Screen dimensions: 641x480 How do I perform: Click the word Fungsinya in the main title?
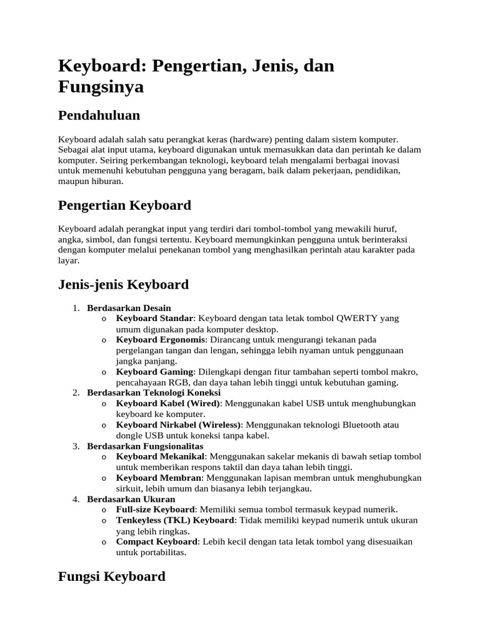coord(101,86)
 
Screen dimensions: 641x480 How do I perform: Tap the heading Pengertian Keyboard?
coord(124,205)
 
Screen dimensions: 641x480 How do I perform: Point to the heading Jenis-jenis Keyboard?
coord(123,285)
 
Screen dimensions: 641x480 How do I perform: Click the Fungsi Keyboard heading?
coord(111,576)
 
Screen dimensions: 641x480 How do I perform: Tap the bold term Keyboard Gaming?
coord(154,372)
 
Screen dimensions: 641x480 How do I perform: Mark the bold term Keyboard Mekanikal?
coord(161,457)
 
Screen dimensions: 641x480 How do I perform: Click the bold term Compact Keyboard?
coord(156,542)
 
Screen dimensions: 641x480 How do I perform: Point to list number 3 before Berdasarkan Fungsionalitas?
coord(75,446)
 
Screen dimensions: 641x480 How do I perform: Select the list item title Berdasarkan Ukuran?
coord(131,500)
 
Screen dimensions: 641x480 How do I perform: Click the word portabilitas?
coord(162,553)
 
